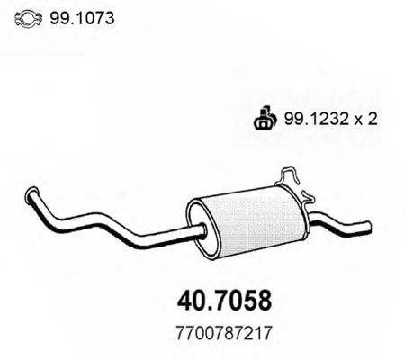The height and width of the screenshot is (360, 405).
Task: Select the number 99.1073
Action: (83, 17)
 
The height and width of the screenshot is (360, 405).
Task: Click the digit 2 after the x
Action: (363, 116)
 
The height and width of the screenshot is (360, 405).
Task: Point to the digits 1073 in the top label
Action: (95, 17)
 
